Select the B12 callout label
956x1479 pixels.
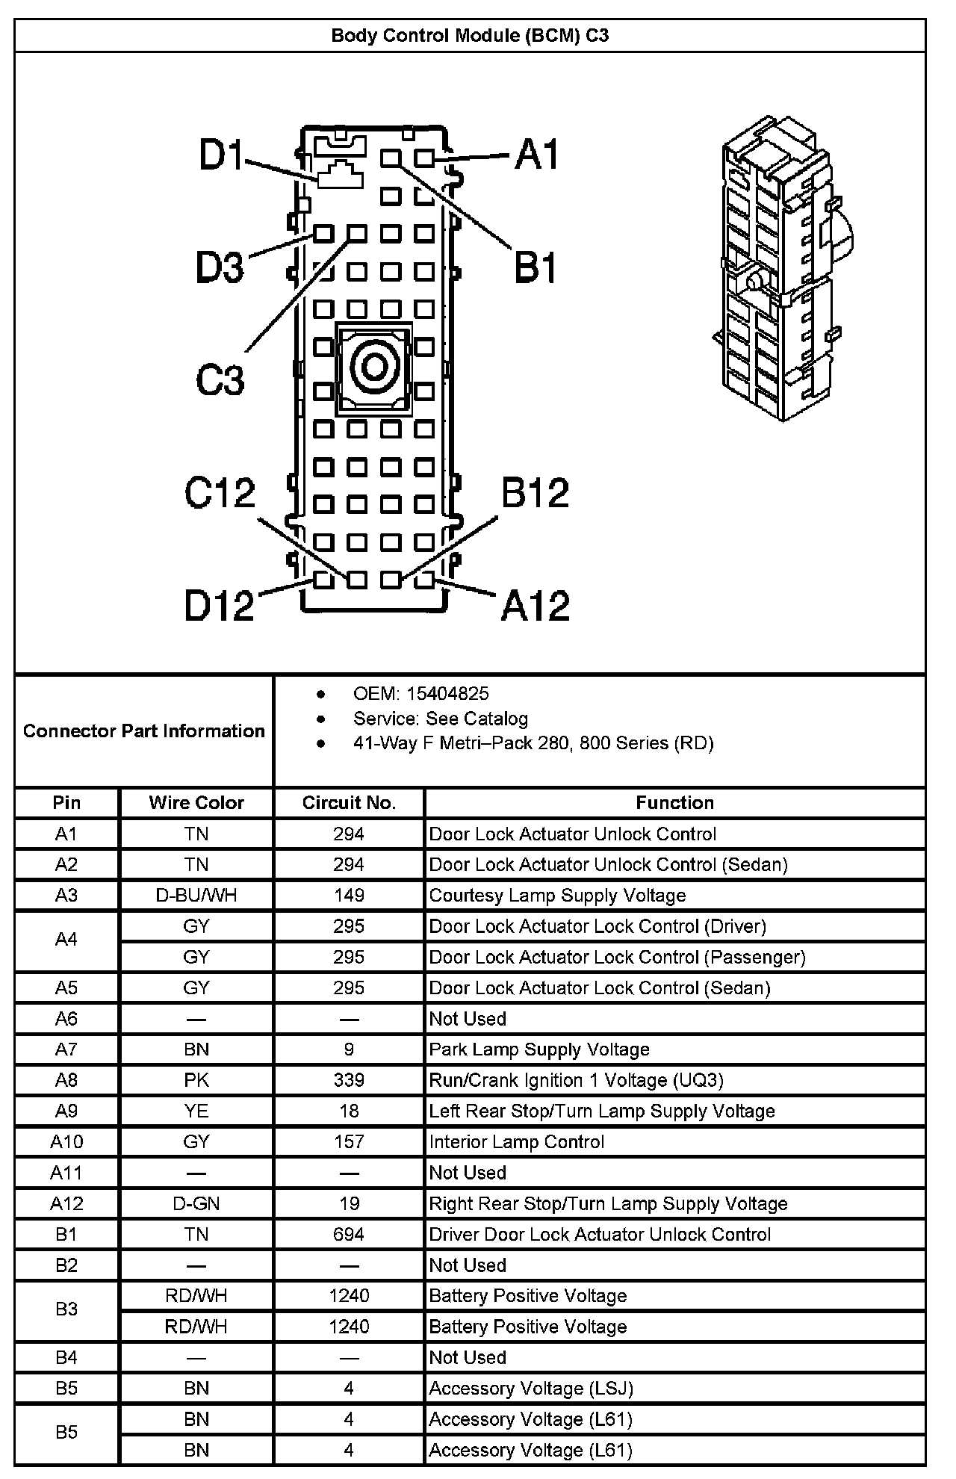click(x=535, y=492)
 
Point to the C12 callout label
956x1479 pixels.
click(x=220, y=492)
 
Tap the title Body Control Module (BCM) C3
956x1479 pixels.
click(x=470, y=36)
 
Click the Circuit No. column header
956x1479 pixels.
click(x=349, y=803)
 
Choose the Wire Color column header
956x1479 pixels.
click(x=196, y=803)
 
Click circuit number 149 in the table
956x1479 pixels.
click(x=349, y=896)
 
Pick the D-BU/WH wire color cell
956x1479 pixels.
click(x=196, y=896)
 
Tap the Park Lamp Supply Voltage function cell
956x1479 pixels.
click(x=538, y=1049)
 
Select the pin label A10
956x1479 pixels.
click(x=66, y=1142)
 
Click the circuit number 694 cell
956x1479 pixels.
click(x=349, y=1235)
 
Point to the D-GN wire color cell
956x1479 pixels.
click(x=196, y=1203)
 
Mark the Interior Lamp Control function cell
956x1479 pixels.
click(x=516, y=1142)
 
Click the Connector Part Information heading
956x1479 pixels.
click(x=144, y=731)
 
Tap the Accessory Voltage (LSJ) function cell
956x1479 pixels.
click(x=531, y=1389)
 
